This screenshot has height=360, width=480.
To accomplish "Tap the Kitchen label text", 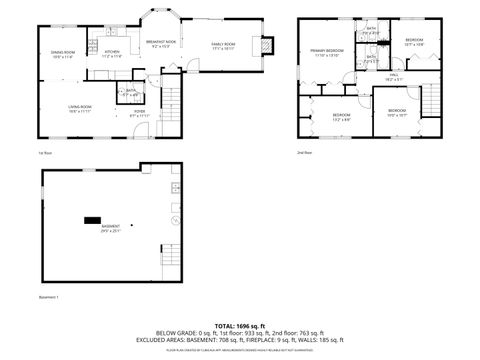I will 112,53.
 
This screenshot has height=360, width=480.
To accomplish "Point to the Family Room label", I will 222,46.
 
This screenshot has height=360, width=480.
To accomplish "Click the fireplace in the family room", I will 266,45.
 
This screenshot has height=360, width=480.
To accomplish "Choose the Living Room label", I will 81,109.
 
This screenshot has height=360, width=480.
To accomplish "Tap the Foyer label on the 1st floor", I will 139,115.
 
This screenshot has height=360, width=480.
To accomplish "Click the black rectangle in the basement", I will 93,218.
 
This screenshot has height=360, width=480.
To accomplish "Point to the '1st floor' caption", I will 44,152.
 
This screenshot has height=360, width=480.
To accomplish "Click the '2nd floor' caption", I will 304,152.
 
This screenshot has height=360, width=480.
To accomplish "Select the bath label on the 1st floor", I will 129,93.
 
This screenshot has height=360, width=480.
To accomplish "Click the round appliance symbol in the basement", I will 176,220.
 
